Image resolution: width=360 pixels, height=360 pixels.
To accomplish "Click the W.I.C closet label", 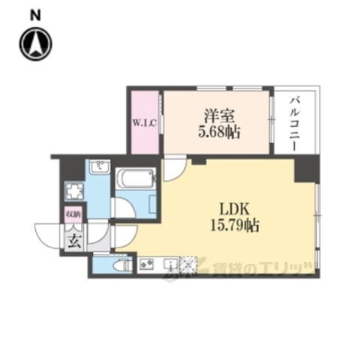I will pyautogui.click(x=144, y=123).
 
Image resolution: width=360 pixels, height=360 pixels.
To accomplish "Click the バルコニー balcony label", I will pyautogui.click(x=294, y=121).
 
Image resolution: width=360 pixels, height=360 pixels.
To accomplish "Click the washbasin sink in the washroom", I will pyautogui.click(x=99, y=167).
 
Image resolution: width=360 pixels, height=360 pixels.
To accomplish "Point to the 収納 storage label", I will pyautogui.click(x=72, y=215).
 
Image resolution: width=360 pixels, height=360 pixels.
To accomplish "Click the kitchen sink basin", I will pyautogui.click(x=169, y=265).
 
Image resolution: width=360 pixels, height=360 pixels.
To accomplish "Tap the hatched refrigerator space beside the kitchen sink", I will pyautogui.click(x=187, y=265).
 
